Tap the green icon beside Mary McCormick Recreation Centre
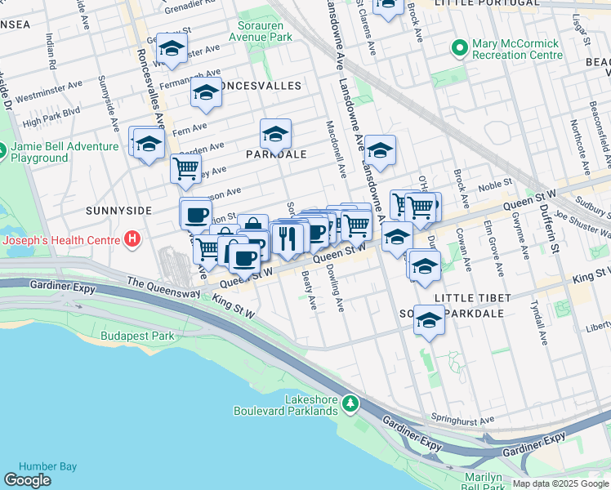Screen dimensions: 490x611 click(459, 49)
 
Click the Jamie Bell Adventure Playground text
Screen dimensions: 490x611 click(64, 152)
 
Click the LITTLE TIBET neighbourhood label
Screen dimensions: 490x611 click(474, 297)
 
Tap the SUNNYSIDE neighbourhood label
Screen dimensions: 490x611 click(118, 210)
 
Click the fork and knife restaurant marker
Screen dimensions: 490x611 click(286, 238)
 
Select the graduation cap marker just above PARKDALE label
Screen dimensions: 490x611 click(276, 133)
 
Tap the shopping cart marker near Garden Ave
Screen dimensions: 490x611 click(185, 168)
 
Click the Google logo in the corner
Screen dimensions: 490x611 click(28, 480)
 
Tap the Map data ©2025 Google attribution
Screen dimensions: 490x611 click(560, 483)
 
